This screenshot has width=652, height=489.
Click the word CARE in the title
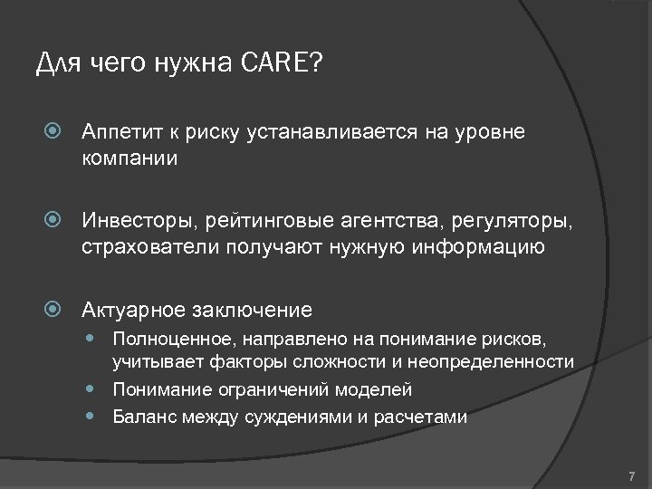[275, 63]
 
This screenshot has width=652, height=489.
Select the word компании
[129, 158]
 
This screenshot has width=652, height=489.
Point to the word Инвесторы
[134, 220]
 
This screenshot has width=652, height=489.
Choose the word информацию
[487, 246]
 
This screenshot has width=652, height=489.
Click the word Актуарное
[132, 310]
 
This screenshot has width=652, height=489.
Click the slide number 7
[631, 475]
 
